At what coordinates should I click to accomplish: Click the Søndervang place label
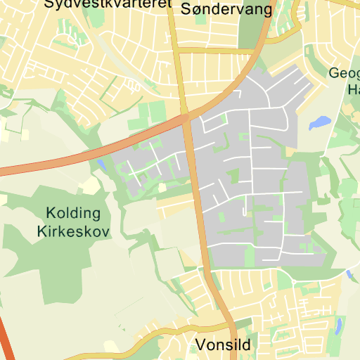(x=216, y=9)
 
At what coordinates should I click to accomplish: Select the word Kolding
(x=73, y=212)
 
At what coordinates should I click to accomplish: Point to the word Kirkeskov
(x=73, y=231)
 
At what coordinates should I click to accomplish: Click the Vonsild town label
(x=223, y=345)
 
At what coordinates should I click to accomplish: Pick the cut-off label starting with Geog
(x=345, y=72)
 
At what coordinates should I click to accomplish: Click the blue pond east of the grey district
(x=319, y=123)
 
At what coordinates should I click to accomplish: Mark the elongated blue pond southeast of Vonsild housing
(x=339, y=326)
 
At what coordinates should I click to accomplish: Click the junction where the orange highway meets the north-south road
(x=186, y=117)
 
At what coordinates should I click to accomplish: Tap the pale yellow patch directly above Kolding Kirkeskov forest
(x=90, y=186)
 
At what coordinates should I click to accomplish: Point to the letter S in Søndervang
(x=186, y=9)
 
